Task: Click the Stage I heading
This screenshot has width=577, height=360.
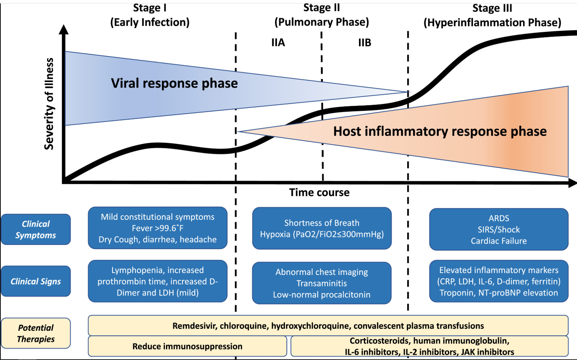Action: point(150,8)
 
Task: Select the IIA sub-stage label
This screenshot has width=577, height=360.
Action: point(278,43)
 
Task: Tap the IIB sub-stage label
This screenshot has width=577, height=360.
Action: point(365,43)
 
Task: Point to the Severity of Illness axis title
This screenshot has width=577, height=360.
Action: point(49,104)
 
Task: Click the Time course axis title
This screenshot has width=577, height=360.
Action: point(319,193)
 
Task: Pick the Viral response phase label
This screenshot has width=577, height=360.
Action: point(174,83)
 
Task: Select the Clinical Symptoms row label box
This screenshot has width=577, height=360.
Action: point(36,229)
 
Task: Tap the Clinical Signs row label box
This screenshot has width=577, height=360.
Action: point(36,281)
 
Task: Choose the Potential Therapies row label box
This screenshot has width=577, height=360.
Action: point(36,333)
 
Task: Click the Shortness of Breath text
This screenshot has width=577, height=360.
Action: point(322,223)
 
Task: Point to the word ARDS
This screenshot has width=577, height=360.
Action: point(499,218)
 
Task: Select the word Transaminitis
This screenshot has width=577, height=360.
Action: point(322,283)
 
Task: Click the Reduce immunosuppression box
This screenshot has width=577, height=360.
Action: point(187,346)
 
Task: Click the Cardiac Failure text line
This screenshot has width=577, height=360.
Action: point(499,241)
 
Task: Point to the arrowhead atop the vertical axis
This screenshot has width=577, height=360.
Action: point(64,29)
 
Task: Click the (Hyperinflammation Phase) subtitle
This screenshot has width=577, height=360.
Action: point(492,23)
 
